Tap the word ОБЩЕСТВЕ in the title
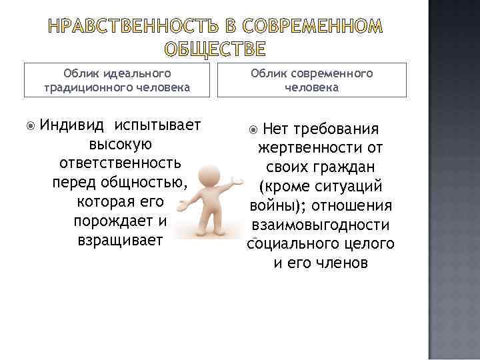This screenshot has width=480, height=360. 215,50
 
